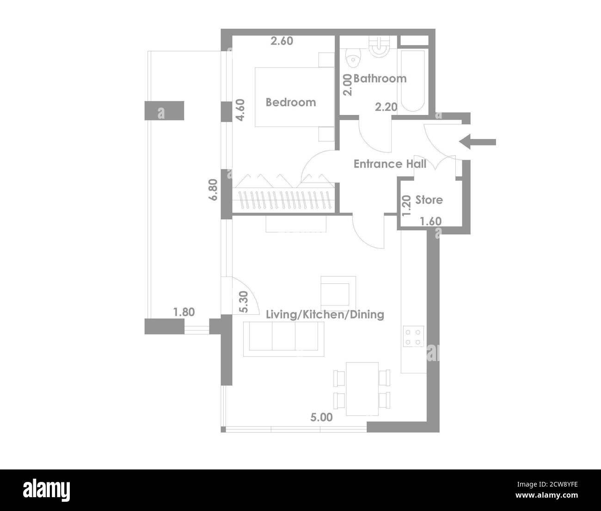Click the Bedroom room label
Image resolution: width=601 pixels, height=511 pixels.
click(x=291, y=102)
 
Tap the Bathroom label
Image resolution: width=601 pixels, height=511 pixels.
click(x=380, y=78)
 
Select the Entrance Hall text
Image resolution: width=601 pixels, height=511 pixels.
click(x=390, y=164)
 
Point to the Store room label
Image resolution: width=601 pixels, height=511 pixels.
click(x=429, y=200)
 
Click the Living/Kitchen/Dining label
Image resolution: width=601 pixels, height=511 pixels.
click(x=325, y=315)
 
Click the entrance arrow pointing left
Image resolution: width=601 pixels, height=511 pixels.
click(x=478, y=142)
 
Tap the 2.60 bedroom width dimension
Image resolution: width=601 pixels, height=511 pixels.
click(x=282, y=41)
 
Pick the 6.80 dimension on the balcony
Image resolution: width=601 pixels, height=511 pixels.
click(x=213, y=189)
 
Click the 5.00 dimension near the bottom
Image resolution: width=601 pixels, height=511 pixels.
click(x=321, y=418)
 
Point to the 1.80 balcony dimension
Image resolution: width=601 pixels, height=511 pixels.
click(x=184, y=312)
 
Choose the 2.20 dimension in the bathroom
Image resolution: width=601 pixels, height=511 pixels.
click(x=386, y=107)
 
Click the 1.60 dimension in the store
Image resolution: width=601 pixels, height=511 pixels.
click(x=430, y=222)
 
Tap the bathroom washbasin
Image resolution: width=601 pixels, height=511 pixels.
click(x=380, y=47)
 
